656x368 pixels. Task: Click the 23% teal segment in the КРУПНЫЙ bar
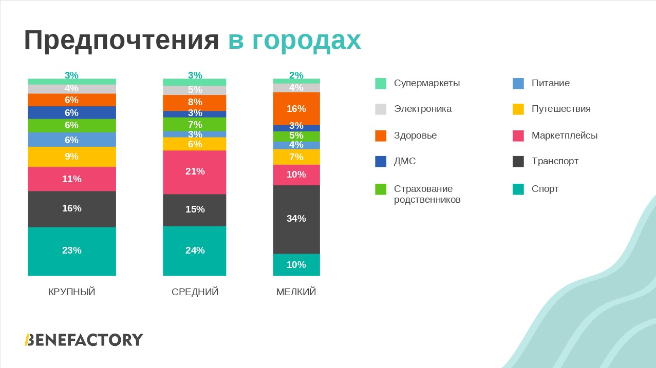point(72,251)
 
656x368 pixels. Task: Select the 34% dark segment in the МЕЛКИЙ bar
point(296,219)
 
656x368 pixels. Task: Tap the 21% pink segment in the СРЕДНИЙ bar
point(195,172)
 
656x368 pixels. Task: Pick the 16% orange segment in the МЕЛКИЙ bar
point(296,108)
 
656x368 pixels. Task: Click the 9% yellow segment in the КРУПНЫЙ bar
point(72,157)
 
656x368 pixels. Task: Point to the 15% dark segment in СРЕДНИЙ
point(195,210)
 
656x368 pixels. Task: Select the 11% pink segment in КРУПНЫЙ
point(72,179)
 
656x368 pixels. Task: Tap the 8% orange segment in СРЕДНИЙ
point(195,103)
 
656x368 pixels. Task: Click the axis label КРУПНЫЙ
point(72,292)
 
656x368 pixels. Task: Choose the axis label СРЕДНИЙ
point(195,292)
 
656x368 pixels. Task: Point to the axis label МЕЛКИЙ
point(296,292)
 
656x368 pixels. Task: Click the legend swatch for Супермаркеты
point(381,83)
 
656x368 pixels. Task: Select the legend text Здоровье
point(415,135)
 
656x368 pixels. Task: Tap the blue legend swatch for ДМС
point(381,162)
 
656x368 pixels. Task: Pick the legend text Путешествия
point(561,109)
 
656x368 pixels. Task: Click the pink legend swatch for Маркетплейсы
point(518,136)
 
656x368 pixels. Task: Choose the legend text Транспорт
point(555,161)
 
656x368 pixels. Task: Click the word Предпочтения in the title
point(122,41)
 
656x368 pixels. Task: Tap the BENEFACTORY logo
point(84,340)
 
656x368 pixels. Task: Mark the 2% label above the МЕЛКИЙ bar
point(296,75)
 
